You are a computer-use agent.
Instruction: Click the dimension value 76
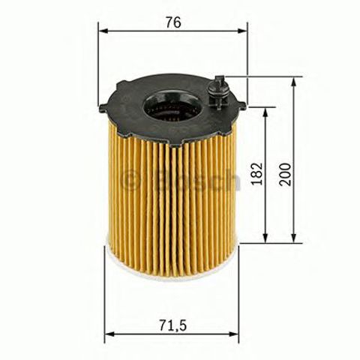pos(173,22)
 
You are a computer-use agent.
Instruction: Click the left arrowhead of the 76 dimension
pos(103,31)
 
